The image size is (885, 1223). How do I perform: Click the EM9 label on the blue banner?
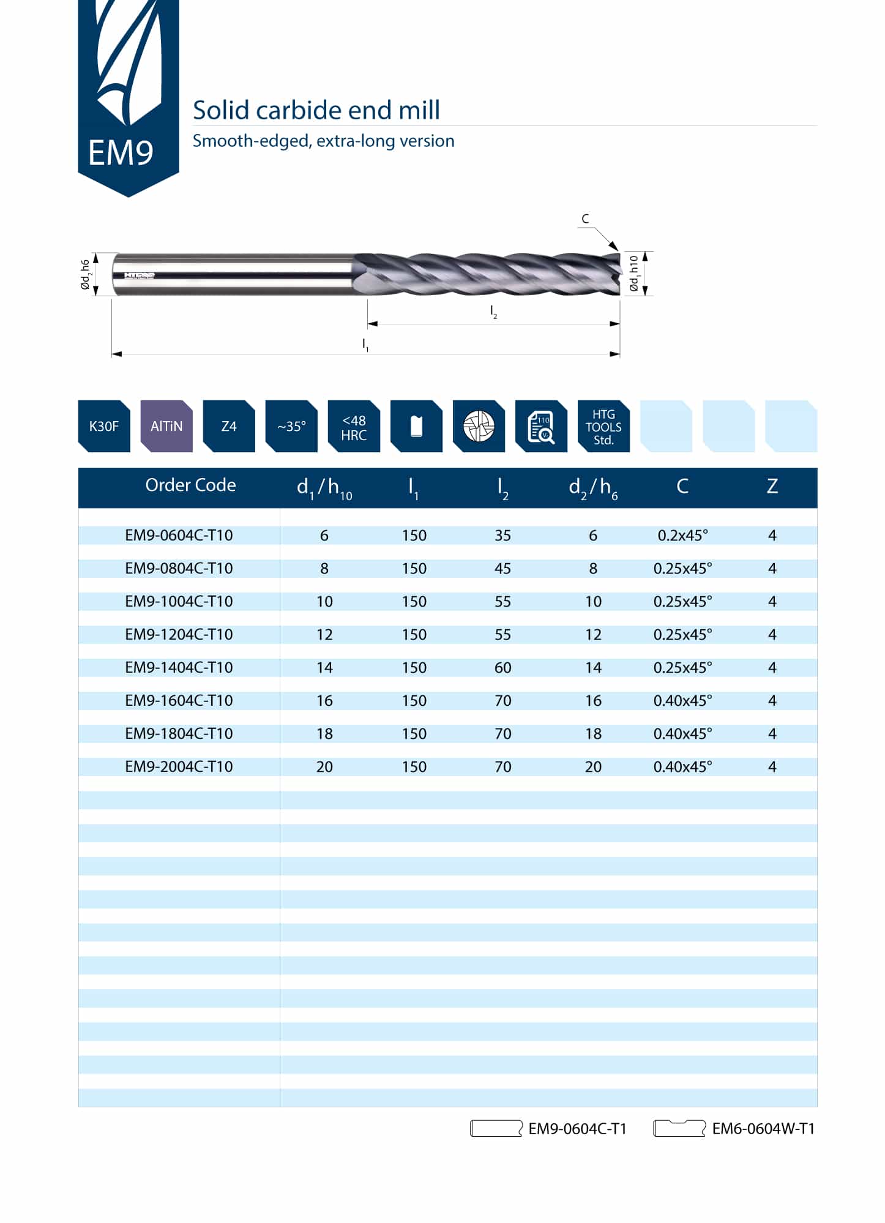click(x=121, y=153)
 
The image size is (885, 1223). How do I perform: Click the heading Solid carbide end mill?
click(x=316, y=110)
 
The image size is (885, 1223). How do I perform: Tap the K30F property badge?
click(x=104, y=427)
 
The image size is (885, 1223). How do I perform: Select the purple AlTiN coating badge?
click(x=166, y=427)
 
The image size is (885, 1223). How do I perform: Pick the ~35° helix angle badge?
click(x=291, y=427)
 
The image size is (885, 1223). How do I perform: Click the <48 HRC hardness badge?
click(x=354, y=427)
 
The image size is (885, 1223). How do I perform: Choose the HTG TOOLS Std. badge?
click(x=603, y=427)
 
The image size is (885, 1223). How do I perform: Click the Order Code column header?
click(x=190, y=485)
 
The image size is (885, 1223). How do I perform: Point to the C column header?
click(x=682, y=487)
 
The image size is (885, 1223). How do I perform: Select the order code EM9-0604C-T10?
click(x=179, y=536)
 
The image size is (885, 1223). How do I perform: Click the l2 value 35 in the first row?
click(x=502, y=536)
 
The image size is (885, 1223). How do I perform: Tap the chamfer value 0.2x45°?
click(x=682, y=536)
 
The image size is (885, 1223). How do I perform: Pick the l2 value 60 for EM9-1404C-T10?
click(x=502, y=668)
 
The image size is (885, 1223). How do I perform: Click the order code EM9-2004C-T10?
click(x=179, y=767)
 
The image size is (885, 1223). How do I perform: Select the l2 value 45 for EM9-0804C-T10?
click(x=502, y=569)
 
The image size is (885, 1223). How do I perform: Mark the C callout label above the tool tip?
click(x=585, y=219)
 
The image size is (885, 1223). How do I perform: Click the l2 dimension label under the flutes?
click(x=493, y=312)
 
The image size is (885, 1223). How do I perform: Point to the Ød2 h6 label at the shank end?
click(x=86, y=274)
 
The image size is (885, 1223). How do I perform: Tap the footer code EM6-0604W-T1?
click(x=763, y=1129)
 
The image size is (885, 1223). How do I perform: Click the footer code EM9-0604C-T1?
click(x=577, y=1129)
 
